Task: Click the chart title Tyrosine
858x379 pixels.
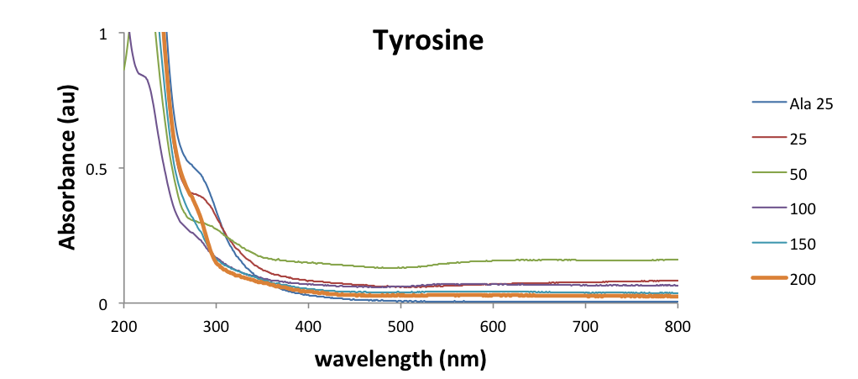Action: [x=428, y=41]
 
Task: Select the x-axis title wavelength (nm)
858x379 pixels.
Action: [x=400, y=360]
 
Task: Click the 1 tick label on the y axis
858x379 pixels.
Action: [x=103, y=34]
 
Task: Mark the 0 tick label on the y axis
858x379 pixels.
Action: [x=103, y=303]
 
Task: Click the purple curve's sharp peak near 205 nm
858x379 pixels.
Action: [x=129, y=34]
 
